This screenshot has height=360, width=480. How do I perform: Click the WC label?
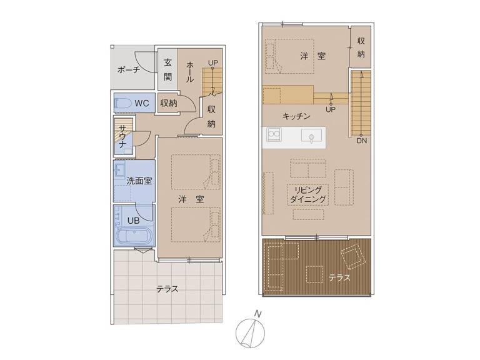[x=142, y=103]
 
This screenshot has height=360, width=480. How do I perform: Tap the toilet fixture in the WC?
[x=122, y=104]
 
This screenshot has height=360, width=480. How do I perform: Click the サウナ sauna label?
[x=122, y=136]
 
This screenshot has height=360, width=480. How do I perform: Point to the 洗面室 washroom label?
[x=139, y=181]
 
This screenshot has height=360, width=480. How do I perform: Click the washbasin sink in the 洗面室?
[x=119, y=169]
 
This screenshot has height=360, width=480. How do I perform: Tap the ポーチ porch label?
[x=129, y=70]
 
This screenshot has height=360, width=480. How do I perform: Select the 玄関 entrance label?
[x=167, y=70]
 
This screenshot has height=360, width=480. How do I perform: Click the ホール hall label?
[x=190, y=72]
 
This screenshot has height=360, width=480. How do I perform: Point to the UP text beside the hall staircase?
[x=213, y=62]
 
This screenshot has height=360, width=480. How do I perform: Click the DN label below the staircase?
[x=362, y=141]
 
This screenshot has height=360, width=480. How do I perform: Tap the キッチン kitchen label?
[x=296, y=116]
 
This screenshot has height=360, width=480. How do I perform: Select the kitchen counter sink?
[x=311, y=135]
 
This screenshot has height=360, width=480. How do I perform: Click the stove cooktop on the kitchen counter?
[x=274, y=134]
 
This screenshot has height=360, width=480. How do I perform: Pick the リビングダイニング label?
[x=307, y=195]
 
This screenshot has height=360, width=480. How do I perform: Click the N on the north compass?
[x=259, y=314]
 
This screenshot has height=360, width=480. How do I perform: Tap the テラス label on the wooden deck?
[x=339, y=277]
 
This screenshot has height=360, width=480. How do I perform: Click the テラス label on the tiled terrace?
[x=167, y=289]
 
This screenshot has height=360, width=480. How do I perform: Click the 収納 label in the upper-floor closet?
[x=361, y=47]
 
